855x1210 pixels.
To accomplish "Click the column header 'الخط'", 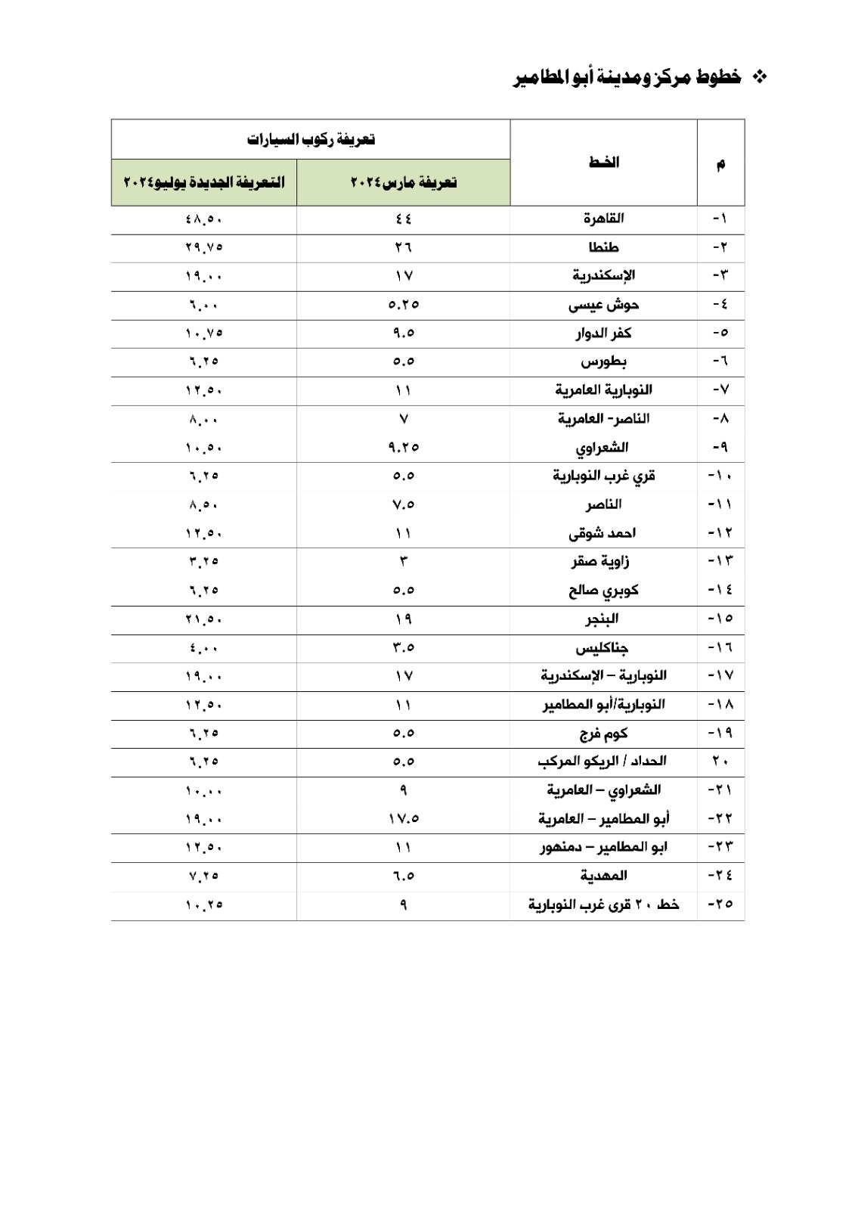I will point(603,163).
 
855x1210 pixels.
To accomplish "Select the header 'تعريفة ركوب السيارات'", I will point(311,140).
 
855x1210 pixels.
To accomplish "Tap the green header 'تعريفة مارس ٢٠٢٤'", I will point(404,183).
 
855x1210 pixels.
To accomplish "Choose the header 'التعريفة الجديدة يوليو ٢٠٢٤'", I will point(204,183).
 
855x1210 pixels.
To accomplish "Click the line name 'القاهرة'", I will point(603,219).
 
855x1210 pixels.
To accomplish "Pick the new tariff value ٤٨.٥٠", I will point(204,219).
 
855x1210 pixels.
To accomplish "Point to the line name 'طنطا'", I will point(603,247).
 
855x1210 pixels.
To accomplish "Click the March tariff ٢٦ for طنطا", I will point(404,247).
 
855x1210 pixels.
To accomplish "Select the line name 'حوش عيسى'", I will point(603,305).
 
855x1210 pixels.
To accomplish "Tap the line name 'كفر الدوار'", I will point(603,333).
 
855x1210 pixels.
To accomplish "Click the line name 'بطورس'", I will point(603,361).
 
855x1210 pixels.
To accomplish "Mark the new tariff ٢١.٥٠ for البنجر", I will point(204,619).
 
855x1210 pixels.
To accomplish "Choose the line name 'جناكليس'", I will point(603,648).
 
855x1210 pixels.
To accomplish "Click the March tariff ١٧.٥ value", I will point(404,819).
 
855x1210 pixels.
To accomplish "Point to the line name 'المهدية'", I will point(603,876).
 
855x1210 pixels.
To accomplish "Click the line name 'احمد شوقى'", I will point(603,533).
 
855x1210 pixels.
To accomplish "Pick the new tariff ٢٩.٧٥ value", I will point(204,247).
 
